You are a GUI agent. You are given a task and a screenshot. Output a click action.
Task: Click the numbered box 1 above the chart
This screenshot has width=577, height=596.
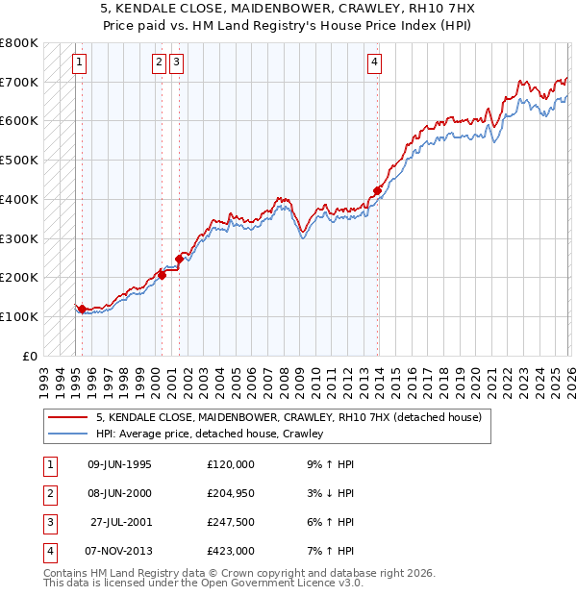pyautogui.click(x=78, y=63)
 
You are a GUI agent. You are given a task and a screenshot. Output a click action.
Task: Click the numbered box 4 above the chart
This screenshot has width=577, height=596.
pyautogui.click(x=374, y=63)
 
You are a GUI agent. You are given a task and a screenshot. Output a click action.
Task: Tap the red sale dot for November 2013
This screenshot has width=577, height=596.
pyautogui.click(x=377, y=190)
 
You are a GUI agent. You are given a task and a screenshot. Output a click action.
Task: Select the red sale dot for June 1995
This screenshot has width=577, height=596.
pyautogui.click(x=83, y=309)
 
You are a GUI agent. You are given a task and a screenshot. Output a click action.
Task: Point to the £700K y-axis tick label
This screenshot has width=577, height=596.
pyautogui.click(x=19, y=82)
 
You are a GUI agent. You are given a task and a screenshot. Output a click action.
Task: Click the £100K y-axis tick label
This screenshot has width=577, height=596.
pyautogui.click(x=19, y=316)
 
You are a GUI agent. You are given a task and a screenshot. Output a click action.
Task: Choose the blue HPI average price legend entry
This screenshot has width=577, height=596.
pyautogui.click(x=209, y=434)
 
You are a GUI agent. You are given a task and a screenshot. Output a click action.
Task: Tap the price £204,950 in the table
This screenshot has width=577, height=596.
pyautogui.click(x=231, y=493)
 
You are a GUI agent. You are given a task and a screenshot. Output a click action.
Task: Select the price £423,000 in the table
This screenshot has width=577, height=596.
pyautogui.click(x=231, y=551)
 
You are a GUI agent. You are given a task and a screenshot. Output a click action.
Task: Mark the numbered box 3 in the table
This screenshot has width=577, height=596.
pyautogui.click(x=48, y=522)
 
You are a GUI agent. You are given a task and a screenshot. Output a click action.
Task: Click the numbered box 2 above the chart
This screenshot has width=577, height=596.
pyautogui.click(x=158, y=63)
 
